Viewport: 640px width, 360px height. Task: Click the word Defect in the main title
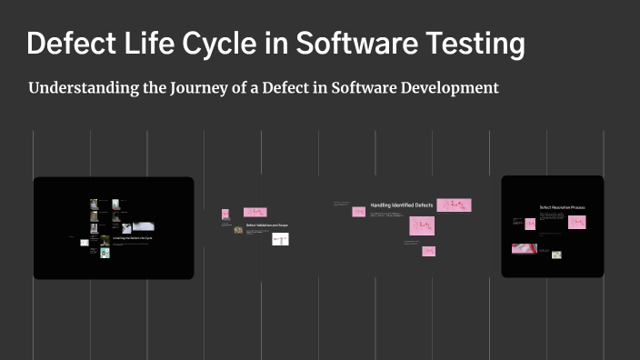coord(73,43)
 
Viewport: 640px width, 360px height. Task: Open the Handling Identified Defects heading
coord(402,206)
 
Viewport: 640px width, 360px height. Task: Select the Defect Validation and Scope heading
coord(266,225)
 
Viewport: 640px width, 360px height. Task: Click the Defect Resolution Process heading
coord(562,207)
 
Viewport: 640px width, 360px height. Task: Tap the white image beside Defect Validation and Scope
coord(280,239)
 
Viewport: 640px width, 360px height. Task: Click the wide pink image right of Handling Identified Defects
coord(454,205)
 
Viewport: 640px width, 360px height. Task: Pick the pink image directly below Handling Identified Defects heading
coord(422,225)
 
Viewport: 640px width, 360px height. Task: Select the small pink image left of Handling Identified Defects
coord(359,212)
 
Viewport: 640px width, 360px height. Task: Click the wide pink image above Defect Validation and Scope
coord(255,212)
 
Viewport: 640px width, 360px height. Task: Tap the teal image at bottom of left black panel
coord(105,253)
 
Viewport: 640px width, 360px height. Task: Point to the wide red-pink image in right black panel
coord(524,248)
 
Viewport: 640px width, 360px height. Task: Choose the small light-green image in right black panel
coord(556,255)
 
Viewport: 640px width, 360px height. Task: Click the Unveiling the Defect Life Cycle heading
coord(132,237)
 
